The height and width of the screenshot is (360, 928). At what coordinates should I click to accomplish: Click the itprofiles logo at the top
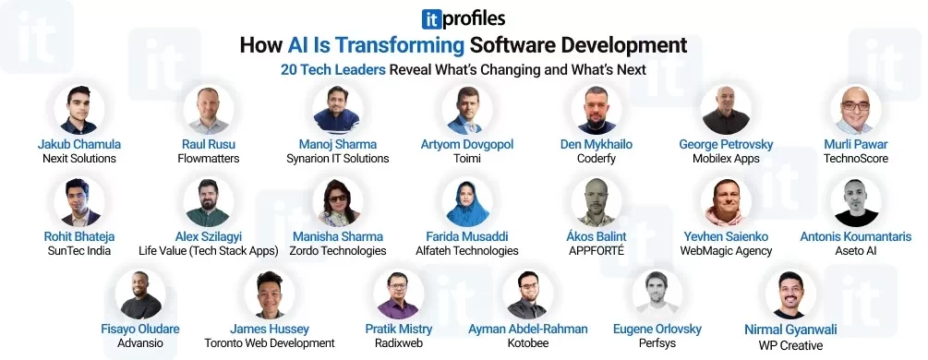click(463, 18)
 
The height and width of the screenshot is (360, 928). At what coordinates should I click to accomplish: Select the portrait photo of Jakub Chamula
click(78, 110)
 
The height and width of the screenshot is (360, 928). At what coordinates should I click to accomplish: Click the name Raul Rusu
click(208, 145)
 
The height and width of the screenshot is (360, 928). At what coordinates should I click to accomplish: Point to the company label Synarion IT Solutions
click(337, 159)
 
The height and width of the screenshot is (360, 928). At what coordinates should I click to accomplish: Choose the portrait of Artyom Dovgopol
click(466, 110)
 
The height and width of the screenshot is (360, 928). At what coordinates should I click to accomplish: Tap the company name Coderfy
click(595, 159)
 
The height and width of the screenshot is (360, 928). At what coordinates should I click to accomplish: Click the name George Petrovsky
click(726, 145)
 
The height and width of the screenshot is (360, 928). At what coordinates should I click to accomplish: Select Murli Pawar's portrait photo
click(854, 110)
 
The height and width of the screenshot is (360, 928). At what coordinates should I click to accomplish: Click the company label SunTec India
click(78, 251)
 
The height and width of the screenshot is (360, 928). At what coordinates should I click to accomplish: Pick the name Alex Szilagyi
click(208, 237)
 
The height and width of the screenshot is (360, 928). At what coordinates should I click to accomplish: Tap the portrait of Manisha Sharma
click(337, 202)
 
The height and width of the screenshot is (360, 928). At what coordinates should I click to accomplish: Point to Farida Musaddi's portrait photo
click(466, 202)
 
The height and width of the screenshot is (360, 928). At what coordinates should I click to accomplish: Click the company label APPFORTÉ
click(595, 251)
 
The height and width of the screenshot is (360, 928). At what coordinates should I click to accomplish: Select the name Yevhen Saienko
click(726, 237)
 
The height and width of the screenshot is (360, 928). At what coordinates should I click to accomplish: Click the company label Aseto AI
click(854, 251)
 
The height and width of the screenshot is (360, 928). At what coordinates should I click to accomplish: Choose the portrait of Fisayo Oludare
click(140, 294)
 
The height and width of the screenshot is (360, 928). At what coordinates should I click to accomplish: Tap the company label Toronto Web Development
click(270, 343)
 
